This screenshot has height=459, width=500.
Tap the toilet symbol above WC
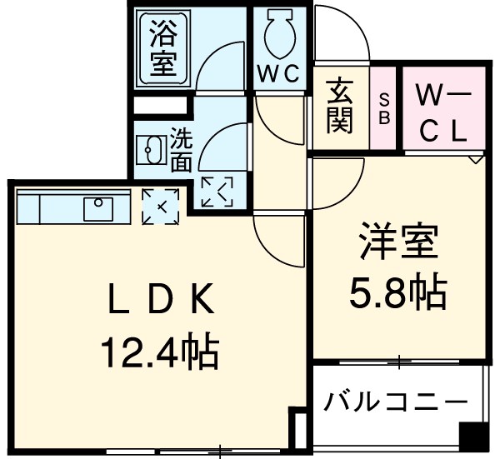(x=277, y=34)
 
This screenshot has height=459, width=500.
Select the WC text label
(x=277, y=74)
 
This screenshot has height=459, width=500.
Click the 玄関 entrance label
(x=339, y=107)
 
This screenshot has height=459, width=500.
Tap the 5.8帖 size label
(x=397, y=293)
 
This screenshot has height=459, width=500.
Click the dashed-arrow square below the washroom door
(x=218, y=192)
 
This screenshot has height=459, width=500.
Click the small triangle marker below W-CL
(x=476, y=157)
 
